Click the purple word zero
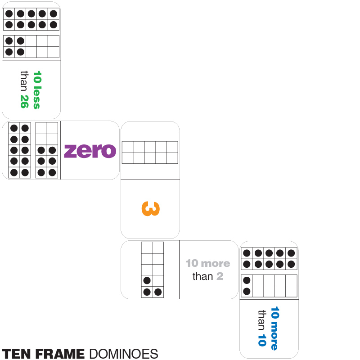click(x=90, y=151)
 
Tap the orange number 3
click(x=150, y=209)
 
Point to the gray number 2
click(x=220, y=276)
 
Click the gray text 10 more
click(x=208, y=263)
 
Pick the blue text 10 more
click(x=274, y=328)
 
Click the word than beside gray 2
click(x=202, y=276)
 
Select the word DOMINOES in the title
click(x=124, y=354)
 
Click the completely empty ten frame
click(x=150, y=153)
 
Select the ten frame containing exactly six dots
click(x=47, y=150)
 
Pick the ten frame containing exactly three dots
click(x=153, y=270)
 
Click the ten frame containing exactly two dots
click(x=269, y=286)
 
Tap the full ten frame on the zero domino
click(x=19, y=150)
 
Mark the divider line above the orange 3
click(x=150, y=180)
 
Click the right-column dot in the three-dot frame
click(x=158, y=292)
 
